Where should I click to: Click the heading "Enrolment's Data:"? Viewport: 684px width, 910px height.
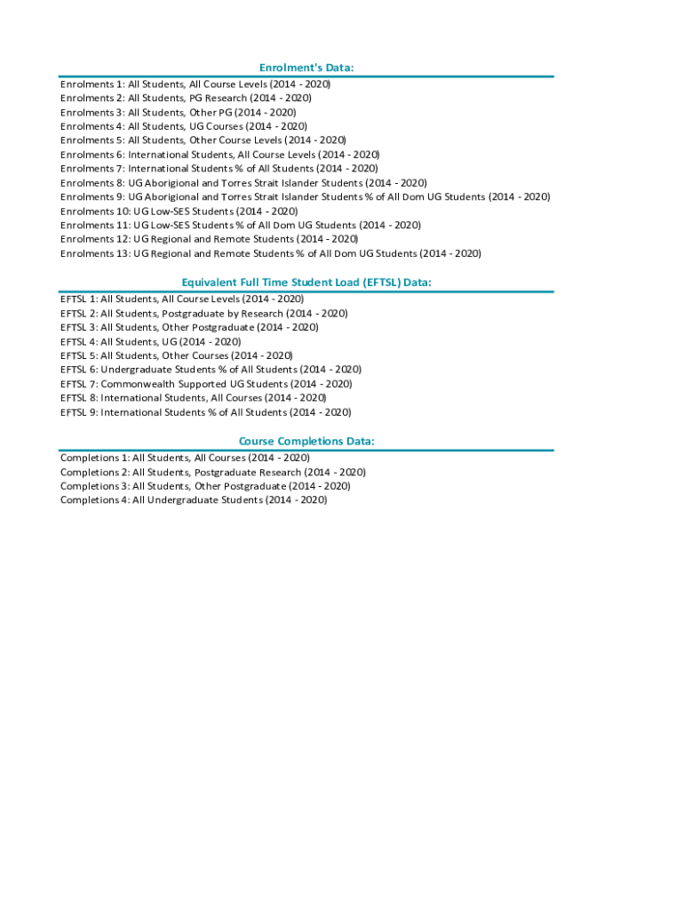(306, 68)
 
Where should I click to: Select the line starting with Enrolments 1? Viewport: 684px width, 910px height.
(195, 84)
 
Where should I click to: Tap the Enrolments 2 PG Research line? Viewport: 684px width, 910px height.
(186, 98)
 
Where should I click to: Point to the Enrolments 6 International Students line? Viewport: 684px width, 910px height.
(219, 155)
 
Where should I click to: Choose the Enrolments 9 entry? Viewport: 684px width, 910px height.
(305, 197)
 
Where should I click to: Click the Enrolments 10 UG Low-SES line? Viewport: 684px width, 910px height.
(179, 212)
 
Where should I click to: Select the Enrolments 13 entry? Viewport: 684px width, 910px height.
(270, 254)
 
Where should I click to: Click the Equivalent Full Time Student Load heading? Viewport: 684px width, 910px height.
(306, 283)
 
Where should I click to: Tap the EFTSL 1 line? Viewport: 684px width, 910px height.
(182, 299)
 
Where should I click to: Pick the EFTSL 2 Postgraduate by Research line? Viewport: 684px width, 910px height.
(203, 314)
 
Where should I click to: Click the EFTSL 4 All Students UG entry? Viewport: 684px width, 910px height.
(150, 342)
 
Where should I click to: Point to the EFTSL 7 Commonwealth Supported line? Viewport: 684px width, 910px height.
(206, 384)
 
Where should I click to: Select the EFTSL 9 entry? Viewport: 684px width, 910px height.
(205, 412)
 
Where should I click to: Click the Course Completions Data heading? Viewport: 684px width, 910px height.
(306, 442)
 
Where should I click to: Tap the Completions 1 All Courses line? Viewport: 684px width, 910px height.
(185, 458)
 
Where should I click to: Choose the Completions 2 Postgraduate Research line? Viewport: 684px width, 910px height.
(212, 472)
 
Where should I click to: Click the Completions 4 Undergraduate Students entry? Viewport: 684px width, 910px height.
(194, 500)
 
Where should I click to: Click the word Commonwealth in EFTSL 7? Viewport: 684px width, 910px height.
(139, 384)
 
